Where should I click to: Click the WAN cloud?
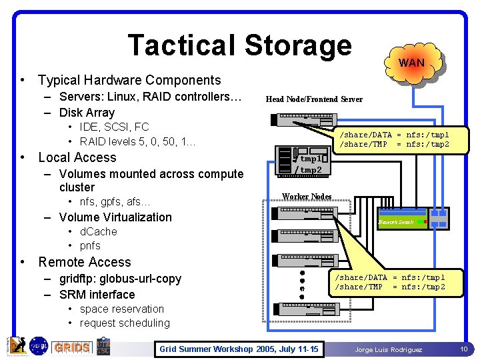tap(411, 63)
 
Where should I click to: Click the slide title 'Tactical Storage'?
tap(239, 45)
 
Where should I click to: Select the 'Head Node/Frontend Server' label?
tap(314, 99)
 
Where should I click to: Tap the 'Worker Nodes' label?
tap(307, 196)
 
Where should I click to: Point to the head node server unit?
tap(304, 120)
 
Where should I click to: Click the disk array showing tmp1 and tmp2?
tap(304, 161)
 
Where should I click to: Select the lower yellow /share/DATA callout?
tap(399, 282)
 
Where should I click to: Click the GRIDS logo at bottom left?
tap(71, 347)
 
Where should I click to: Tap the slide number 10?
tap(463, 349)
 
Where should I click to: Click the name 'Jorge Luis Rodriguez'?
tap(388, 349)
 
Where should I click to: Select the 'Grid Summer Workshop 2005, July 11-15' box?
tap(238, 349)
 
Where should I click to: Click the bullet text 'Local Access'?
tap(77, 158)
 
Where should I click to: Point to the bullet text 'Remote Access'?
tap(85, 262)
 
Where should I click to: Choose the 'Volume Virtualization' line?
tap(115, 217)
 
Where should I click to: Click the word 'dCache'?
tap(98, 231)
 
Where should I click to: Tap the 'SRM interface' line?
tap(97, 294)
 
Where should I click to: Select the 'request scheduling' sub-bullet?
tap(125, 323)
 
